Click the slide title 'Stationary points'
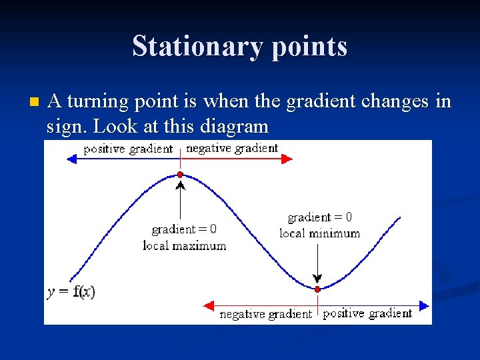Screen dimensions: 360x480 (239, 47)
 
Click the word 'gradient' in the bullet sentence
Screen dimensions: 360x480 (318, 101)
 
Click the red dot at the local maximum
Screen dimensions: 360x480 (180, 175)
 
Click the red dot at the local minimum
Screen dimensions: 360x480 (317, 289)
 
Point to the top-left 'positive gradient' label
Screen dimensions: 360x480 (127, 149)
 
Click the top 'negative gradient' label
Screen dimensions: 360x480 (232, 149)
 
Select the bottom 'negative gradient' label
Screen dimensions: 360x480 (265, 314)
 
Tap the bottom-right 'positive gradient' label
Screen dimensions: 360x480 (367, 313)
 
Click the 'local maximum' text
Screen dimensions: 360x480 (185, 246)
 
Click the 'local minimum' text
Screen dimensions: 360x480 (319, 233)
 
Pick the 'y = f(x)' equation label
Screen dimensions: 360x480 (71, 292)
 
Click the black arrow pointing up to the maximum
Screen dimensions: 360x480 (180, 200)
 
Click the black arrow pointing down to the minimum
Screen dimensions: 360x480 (317, 263)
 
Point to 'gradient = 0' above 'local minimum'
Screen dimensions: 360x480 (319, 217)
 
